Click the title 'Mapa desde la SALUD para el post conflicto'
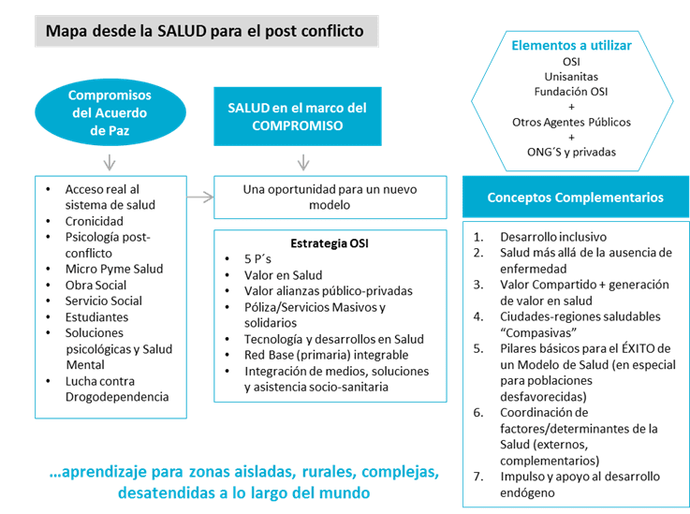[206, 31]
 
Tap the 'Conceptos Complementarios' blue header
[575, 198]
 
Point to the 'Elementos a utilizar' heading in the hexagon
[572, 45]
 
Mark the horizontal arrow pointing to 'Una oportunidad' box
[197, 197]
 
